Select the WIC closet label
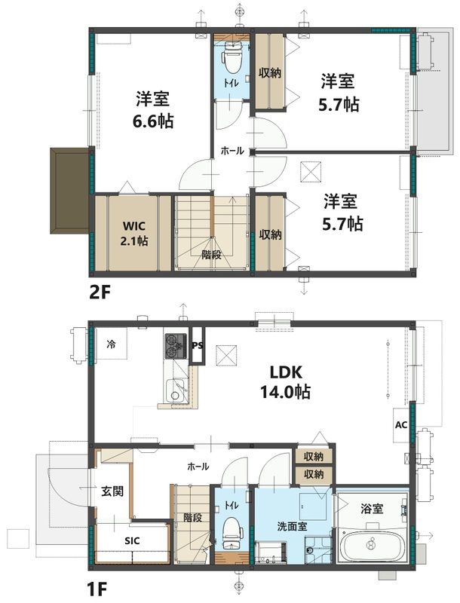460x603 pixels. coord(135,225)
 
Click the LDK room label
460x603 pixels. coord(286,372)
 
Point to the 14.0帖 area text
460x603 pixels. coord(286,392)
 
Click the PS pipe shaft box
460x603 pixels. coord(198,345)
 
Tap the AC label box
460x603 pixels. coord(400,424)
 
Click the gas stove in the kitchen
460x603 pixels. coord(176,347)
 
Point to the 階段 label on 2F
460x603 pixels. coord(212,254)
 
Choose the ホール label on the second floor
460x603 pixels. coord(232,151)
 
